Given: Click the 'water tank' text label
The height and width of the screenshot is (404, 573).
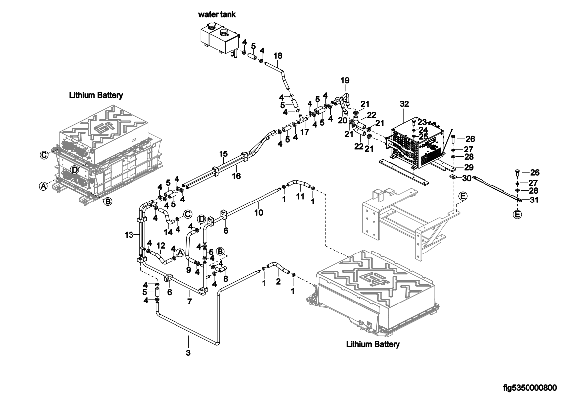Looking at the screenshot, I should [x=217, y=15].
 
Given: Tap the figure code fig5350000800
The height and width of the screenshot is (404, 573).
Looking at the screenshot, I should [x=530, y=387].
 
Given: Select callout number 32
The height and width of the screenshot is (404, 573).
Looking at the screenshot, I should [x=404, y=104].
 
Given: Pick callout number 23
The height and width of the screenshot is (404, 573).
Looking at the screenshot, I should [x=422, y=121].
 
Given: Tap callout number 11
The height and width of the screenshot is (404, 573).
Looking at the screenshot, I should [x=300, y=197].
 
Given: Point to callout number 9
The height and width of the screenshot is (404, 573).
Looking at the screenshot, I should [x=188, y=270].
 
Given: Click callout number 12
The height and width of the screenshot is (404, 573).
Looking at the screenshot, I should [x=161, y=245].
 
